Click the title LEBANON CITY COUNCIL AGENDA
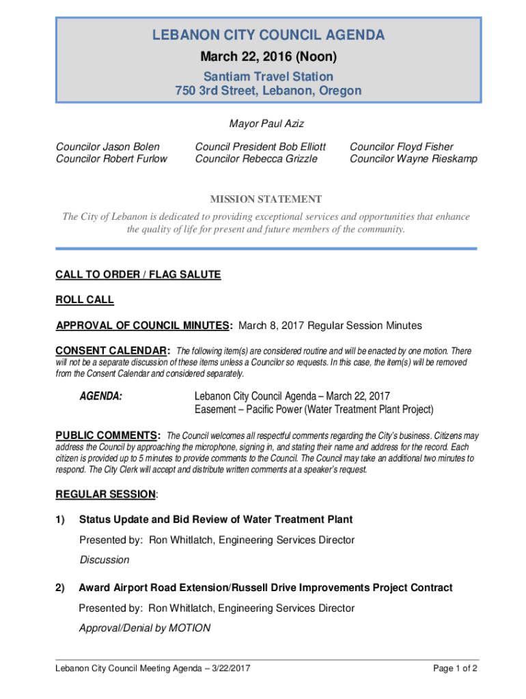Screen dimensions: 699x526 coord(268,35)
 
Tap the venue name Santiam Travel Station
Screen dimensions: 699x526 coord(268,76)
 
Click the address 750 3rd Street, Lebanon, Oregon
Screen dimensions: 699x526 coord(268,91)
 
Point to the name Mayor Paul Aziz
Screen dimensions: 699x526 coord(266,124)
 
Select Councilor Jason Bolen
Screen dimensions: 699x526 coord(108,147)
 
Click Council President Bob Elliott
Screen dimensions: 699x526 coord(260,147)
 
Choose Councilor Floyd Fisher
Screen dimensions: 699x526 coord(401,147)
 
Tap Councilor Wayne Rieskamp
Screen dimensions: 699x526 coord(413,159)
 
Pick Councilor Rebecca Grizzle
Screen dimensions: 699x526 coord(256,159)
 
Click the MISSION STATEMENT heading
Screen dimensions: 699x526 coord(265,199)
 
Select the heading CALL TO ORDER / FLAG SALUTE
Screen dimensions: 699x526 coord(138,274)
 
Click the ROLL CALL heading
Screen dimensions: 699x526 coord(85,300)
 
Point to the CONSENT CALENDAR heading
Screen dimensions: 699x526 coord(113,351)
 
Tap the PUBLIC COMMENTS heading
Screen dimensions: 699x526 coord(108,436)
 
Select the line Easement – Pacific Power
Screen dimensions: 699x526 coord(314,410)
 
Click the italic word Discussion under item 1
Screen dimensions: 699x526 coord(104,560)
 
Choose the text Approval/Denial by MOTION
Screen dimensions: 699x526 coord(144,628)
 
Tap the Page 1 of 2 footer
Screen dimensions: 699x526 coord(455,668)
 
